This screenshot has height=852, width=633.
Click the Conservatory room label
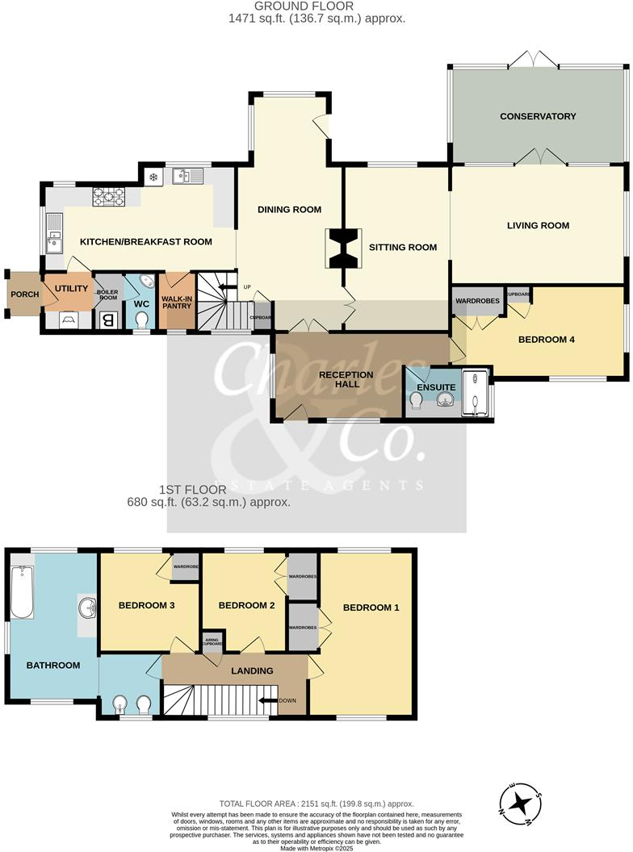[538, 116]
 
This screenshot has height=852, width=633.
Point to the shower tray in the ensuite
[476, 395]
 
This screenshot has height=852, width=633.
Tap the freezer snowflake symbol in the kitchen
[151, 175]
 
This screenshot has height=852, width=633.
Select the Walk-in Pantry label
[176, 302]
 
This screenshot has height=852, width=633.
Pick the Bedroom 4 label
[546, 340]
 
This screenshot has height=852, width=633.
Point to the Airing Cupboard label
[213, 642]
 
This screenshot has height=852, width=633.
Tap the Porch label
[24, 294]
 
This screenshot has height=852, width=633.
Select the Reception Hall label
[346, 379]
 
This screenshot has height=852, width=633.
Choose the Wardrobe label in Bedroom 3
[187, 566]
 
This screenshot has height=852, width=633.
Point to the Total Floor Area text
[316, 804]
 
